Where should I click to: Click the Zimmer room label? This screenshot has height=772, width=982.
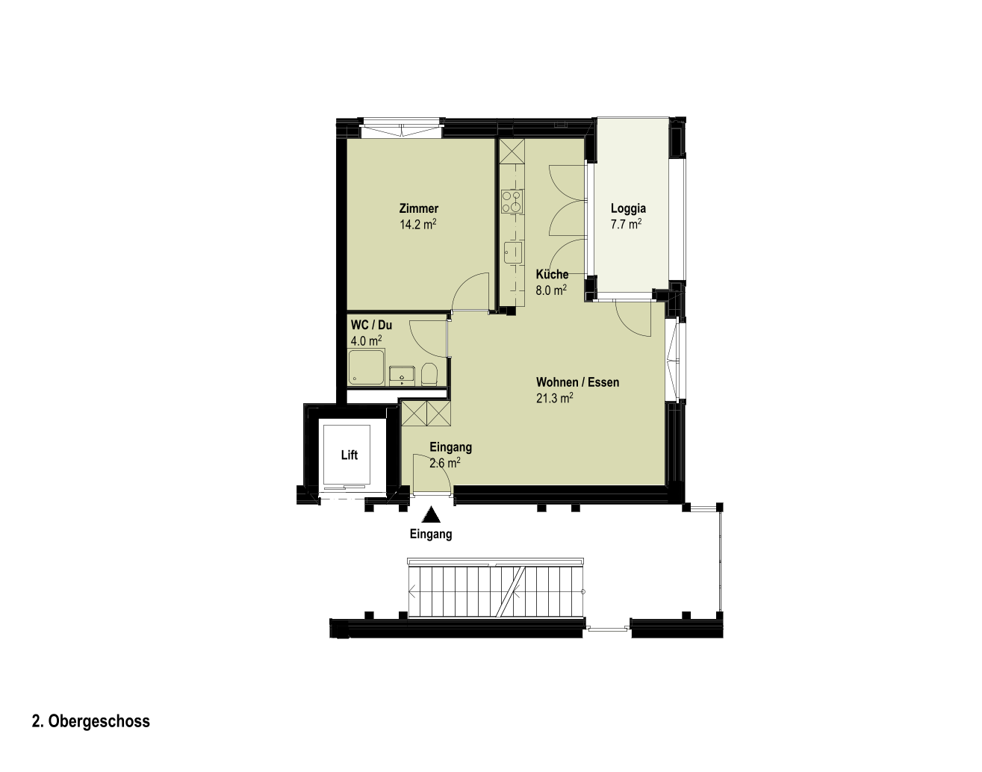[x=418, y=208]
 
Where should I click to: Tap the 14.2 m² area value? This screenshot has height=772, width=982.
[x=418, y=224]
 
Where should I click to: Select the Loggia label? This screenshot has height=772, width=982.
[x=628, y=208]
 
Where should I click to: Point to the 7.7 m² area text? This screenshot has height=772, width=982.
[x=627, y=224]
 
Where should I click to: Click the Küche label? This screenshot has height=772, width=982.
[x=552, y=274]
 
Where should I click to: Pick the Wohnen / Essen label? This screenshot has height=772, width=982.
[x=578, y=382]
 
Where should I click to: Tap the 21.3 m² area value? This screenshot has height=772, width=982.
[x=554, y=398]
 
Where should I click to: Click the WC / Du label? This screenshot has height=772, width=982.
[x=371, y=325]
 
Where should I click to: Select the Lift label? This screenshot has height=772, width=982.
[x=349, y=455]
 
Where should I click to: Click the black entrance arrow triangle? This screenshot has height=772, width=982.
[x=431, y=515]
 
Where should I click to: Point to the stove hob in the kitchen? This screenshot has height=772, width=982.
[x=512, y=202]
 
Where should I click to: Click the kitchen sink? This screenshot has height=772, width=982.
[x=513, y=253]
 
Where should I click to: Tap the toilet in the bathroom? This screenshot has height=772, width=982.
[x=429, y=374]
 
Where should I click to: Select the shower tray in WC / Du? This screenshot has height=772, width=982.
[x=367, y=367]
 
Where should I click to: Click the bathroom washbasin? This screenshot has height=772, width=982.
[x=402, y=375]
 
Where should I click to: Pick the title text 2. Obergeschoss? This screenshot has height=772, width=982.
[x=91, y=721]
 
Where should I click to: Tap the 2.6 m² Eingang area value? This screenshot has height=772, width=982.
[x=445, y=463]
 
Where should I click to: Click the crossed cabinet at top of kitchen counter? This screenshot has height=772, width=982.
[x=512, y=151]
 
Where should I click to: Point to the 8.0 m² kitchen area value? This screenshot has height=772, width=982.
[x=551, y=290]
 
